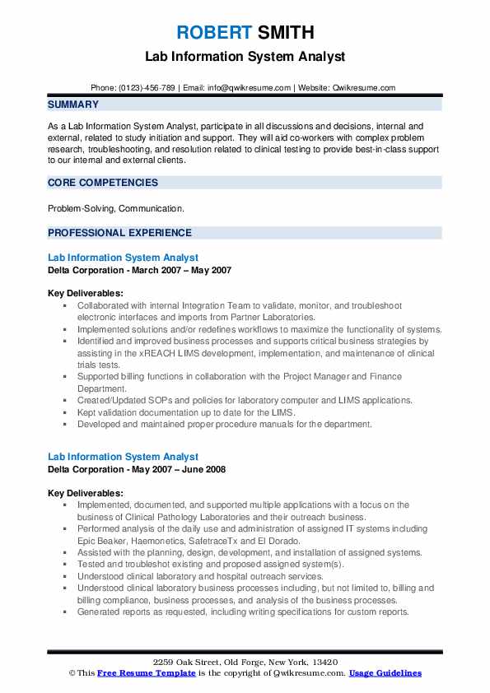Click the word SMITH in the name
284,33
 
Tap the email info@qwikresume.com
250,87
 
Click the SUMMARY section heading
73,105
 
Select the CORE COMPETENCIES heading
103,183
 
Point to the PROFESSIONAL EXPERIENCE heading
119,233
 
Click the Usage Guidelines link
385,673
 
